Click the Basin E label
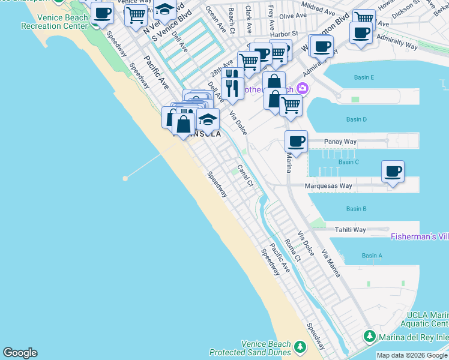point(364,77)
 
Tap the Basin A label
point(372,256)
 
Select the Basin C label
point(348,162)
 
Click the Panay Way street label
point(340,142)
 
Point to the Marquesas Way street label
point(328,186)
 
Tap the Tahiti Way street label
point(350,230)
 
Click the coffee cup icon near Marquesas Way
point(393,172)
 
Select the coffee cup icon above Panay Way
point(296,142)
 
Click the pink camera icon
point(302,89)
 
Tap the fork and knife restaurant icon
point(232,88)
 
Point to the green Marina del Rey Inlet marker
point(370,337)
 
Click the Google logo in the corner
point(20,353)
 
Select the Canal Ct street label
point(245,176)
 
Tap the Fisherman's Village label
point(420,237)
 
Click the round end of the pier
point(125,178)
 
